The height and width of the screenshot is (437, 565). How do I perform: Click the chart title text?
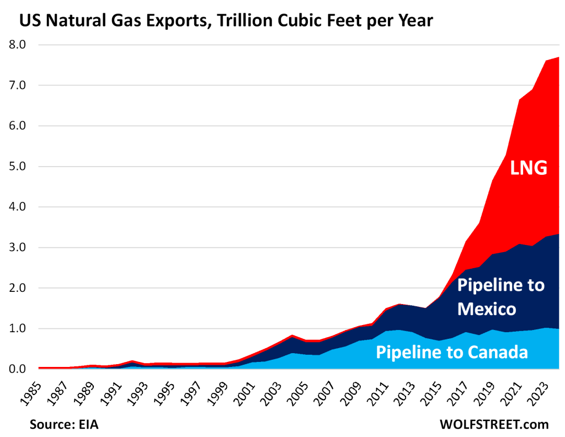pos(226,21)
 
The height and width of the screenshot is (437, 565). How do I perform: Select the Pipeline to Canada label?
pos(452,351)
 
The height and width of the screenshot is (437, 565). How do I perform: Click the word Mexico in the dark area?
pos(487,308)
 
